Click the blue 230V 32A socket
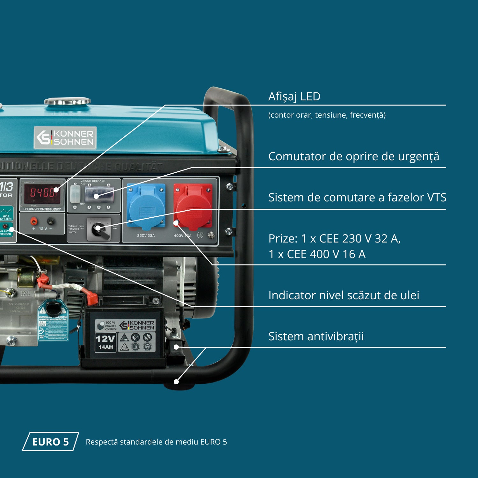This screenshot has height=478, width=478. point(146,206)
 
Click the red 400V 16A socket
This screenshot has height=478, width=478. point(193,206)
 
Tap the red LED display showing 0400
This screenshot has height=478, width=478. point(42,192)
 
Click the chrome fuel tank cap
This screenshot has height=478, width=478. point(67,101)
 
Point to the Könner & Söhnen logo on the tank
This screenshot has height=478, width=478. point(65,138)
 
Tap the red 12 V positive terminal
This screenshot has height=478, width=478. point(33,221)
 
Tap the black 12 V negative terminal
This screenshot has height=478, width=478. point(50,221)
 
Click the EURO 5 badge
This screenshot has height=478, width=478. point(50,442)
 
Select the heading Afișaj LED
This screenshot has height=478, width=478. point(294,96)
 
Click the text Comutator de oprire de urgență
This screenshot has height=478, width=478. point(354,156)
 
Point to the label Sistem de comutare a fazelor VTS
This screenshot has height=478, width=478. point(357,198)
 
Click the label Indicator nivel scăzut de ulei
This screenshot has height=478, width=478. point(344,295)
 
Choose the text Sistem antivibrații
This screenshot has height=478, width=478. point(316,337)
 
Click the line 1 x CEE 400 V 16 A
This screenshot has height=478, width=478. point(317,254)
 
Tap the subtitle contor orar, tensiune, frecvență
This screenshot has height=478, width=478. point(327,115)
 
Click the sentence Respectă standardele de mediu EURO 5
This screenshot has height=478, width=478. point(156,442)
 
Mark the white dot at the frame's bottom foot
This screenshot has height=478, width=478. point(176,381)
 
